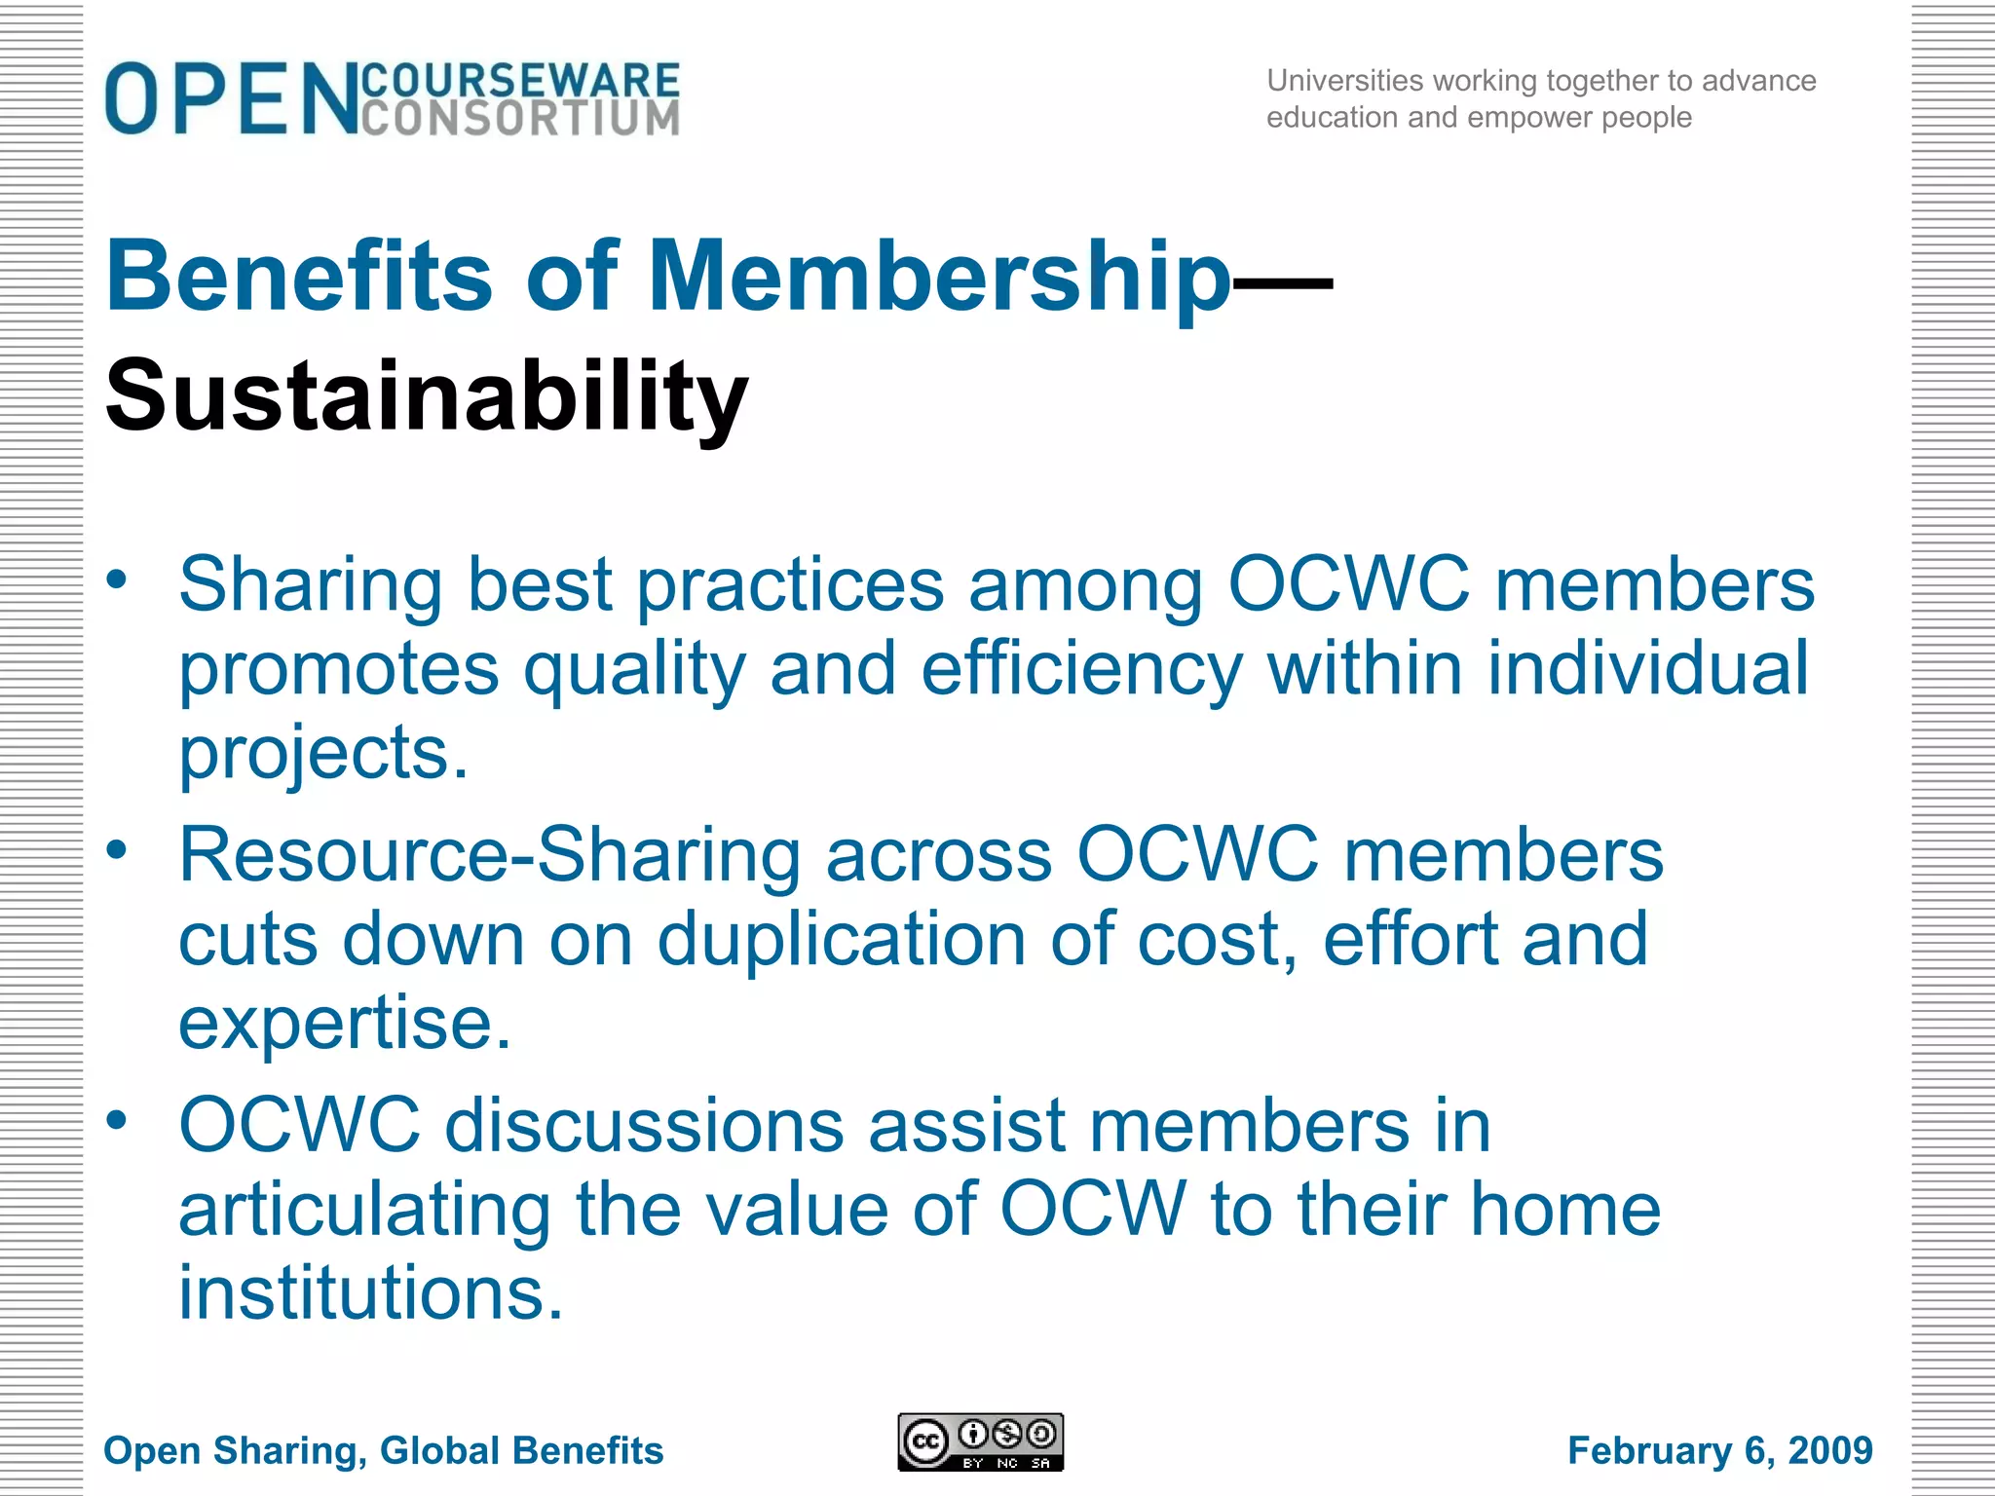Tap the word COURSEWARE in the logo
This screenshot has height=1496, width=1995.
point(520,80)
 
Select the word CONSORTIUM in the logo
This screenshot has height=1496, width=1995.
point(520,119)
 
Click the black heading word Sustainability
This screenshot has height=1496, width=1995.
point(427,395)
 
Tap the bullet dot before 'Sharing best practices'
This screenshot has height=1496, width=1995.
point(117,580)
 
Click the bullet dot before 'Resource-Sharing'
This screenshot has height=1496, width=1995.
point(117,850)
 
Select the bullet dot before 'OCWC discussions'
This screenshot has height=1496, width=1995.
point(117,1120)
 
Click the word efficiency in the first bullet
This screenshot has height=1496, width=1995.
point(1081,670)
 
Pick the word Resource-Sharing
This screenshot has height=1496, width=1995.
point(489,855)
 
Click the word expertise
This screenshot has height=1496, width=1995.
point(345,1025)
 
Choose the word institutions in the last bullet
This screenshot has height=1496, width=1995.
point(370,1293)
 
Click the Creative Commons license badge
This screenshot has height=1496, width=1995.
point(980,1442)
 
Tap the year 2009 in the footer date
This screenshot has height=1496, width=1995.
point(1830,1450)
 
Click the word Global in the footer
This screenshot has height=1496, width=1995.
point(433,1450)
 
